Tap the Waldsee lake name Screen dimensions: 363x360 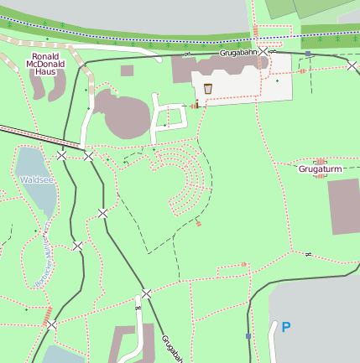click(x=37, y=179)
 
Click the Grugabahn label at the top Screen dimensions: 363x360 click(x=237, y=53)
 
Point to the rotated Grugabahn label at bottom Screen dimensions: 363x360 click(x=172, y=347)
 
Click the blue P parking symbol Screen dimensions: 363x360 click(x=286, y=328)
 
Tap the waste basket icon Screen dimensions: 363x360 click(x=207, y=88)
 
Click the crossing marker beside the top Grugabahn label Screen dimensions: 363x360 click(x=264, y=52)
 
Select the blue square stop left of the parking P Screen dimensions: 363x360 click(x=248, y=336)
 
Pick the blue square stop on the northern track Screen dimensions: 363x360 click(x=308, y=54)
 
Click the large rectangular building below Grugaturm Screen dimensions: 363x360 click(x=342, y=206)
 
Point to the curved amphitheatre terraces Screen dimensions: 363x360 click(x=185, y=176)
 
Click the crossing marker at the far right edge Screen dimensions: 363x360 click(x=351, y=65)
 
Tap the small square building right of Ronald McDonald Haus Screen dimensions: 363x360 click(x=127, y=71)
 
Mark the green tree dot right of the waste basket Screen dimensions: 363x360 click(x=277, y=81)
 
